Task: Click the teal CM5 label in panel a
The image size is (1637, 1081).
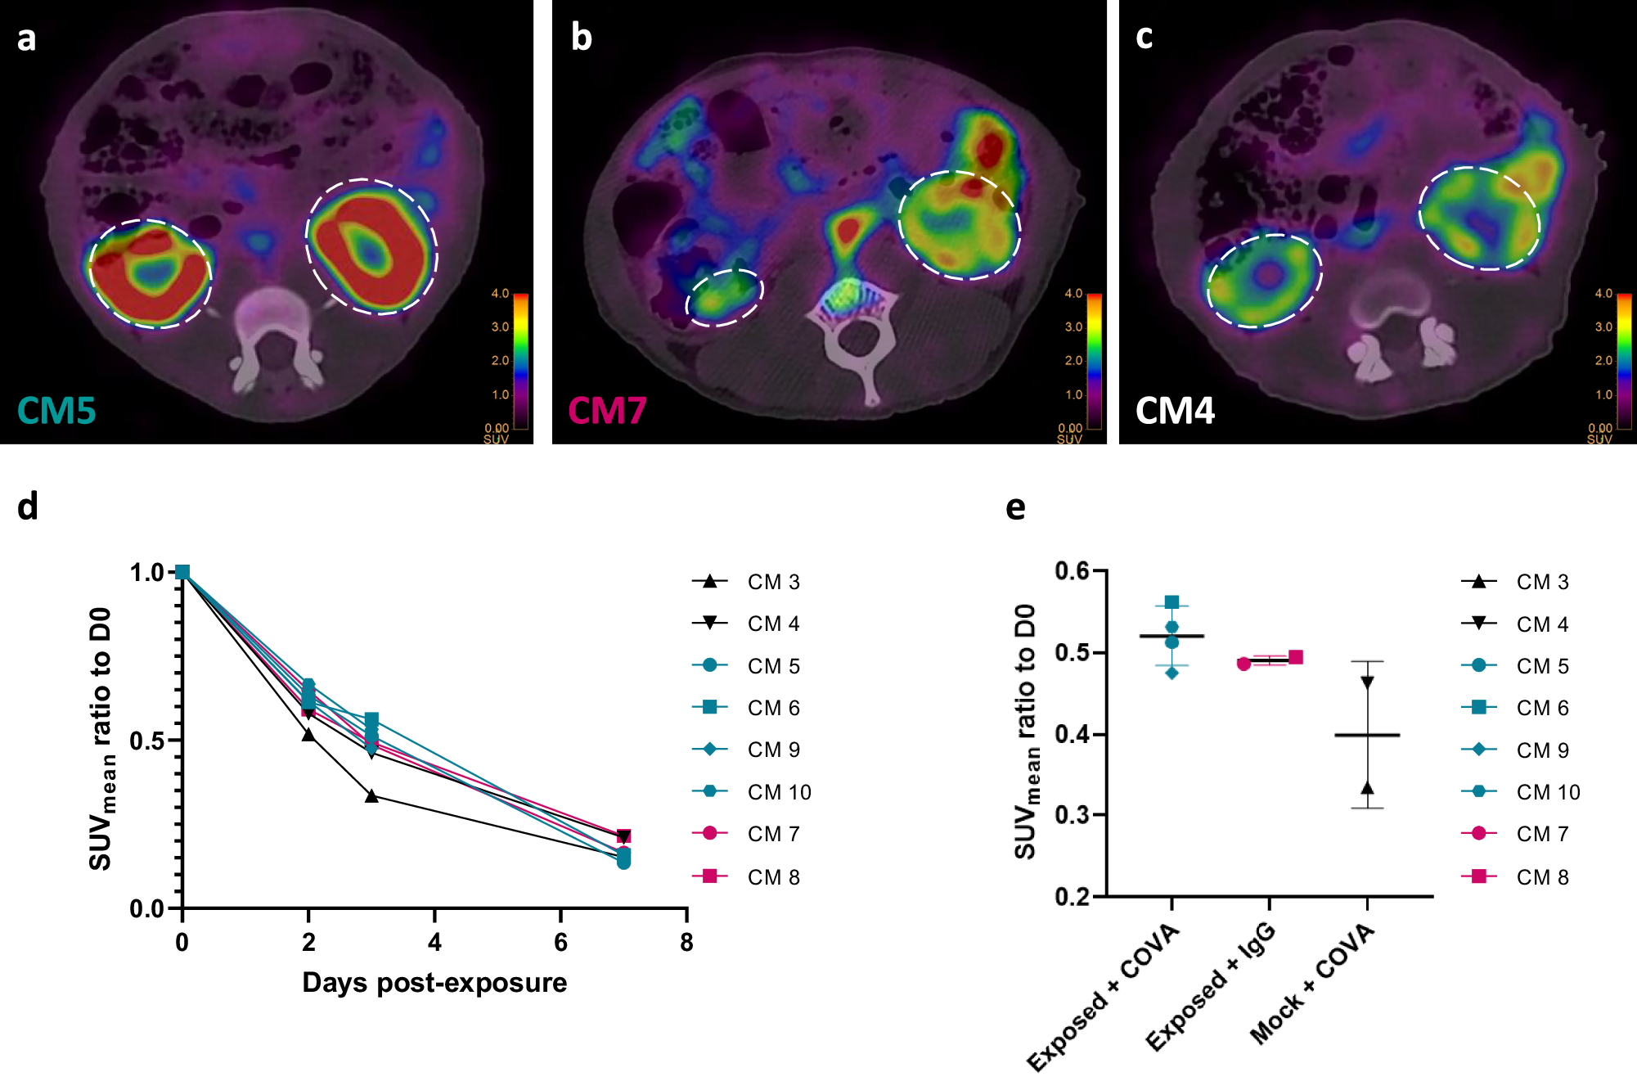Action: click(56, 410)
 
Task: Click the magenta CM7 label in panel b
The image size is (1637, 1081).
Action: click(607, 410)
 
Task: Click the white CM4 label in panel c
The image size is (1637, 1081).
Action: click(1175, 410)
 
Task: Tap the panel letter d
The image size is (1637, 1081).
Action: click(27, 507)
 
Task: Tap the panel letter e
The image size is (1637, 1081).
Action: click(1015, 507)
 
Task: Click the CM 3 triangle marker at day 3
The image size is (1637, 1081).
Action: click(371, 795)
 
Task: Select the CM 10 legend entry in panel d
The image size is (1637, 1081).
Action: click(778, 792)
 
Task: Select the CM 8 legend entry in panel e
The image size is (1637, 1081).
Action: click(1541, 877)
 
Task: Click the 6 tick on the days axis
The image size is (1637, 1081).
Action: click(560, 943)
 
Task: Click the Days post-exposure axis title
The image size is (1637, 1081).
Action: click(434, 982)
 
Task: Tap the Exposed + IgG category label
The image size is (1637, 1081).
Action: click(1211, 987)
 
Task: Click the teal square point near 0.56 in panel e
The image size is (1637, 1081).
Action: click(1172, 602)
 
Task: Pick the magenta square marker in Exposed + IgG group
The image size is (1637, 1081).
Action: click(1296, 657)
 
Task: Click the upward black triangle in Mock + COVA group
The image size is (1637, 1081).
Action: click(1367, 788)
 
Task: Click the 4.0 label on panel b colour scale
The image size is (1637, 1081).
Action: click(1073, 293)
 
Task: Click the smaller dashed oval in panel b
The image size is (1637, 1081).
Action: click(724, 297)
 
